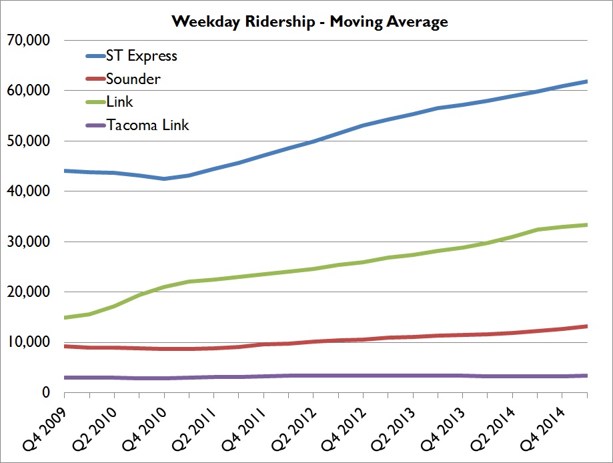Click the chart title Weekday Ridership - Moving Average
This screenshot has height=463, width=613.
[x=310, y=21]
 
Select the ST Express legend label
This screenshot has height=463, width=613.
[x=141, y=55]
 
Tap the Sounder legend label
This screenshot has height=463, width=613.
[x=133, y=79]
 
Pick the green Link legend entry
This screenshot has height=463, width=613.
[x=120, y=101]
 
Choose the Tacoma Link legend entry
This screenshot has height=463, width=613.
[x=147, y=125]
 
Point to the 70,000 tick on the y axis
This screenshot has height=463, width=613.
[x=28, y=40]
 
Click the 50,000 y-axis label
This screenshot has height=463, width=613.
[x=28, y=141]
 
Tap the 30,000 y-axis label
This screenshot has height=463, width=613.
[x=28, y=242]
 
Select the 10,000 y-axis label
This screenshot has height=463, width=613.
[x=28, y=342]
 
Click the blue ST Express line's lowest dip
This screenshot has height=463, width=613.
[x=164, y=179]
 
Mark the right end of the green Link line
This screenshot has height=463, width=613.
[x=586, y=225]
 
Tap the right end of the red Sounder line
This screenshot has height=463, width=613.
[x=586, y=326]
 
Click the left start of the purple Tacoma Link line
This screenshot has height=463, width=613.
[x=65, y=378]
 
